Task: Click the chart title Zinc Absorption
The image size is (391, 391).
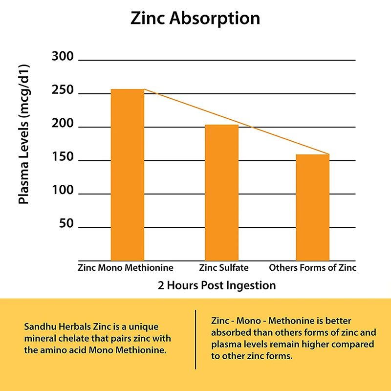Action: click(x=195, y=19)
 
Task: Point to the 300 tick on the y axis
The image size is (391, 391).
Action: click(x=62, y=57)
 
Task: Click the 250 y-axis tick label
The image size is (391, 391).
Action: click(x=62, y=91)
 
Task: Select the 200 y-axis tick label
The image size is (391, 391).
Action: click(x=62, y=125)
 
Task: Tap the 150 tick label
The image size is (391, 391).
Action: click(x=62, y=158)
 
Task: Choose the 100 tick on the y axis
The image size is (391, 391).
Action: click(x=62, y=192)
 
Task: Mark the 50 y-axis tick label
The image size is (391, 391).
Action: click(x=65, y=225)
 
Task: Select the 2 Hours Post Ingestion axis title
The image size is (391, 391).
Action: click(x=217, y=285)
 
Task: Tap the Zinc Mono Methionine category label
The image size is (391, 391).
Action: click(x=126, y=268)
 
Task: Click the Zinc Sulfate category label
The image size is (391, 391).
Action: click(x=224, y=268)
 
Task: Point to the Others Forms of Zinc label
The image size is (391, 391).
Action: click(x=313, y=268)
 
